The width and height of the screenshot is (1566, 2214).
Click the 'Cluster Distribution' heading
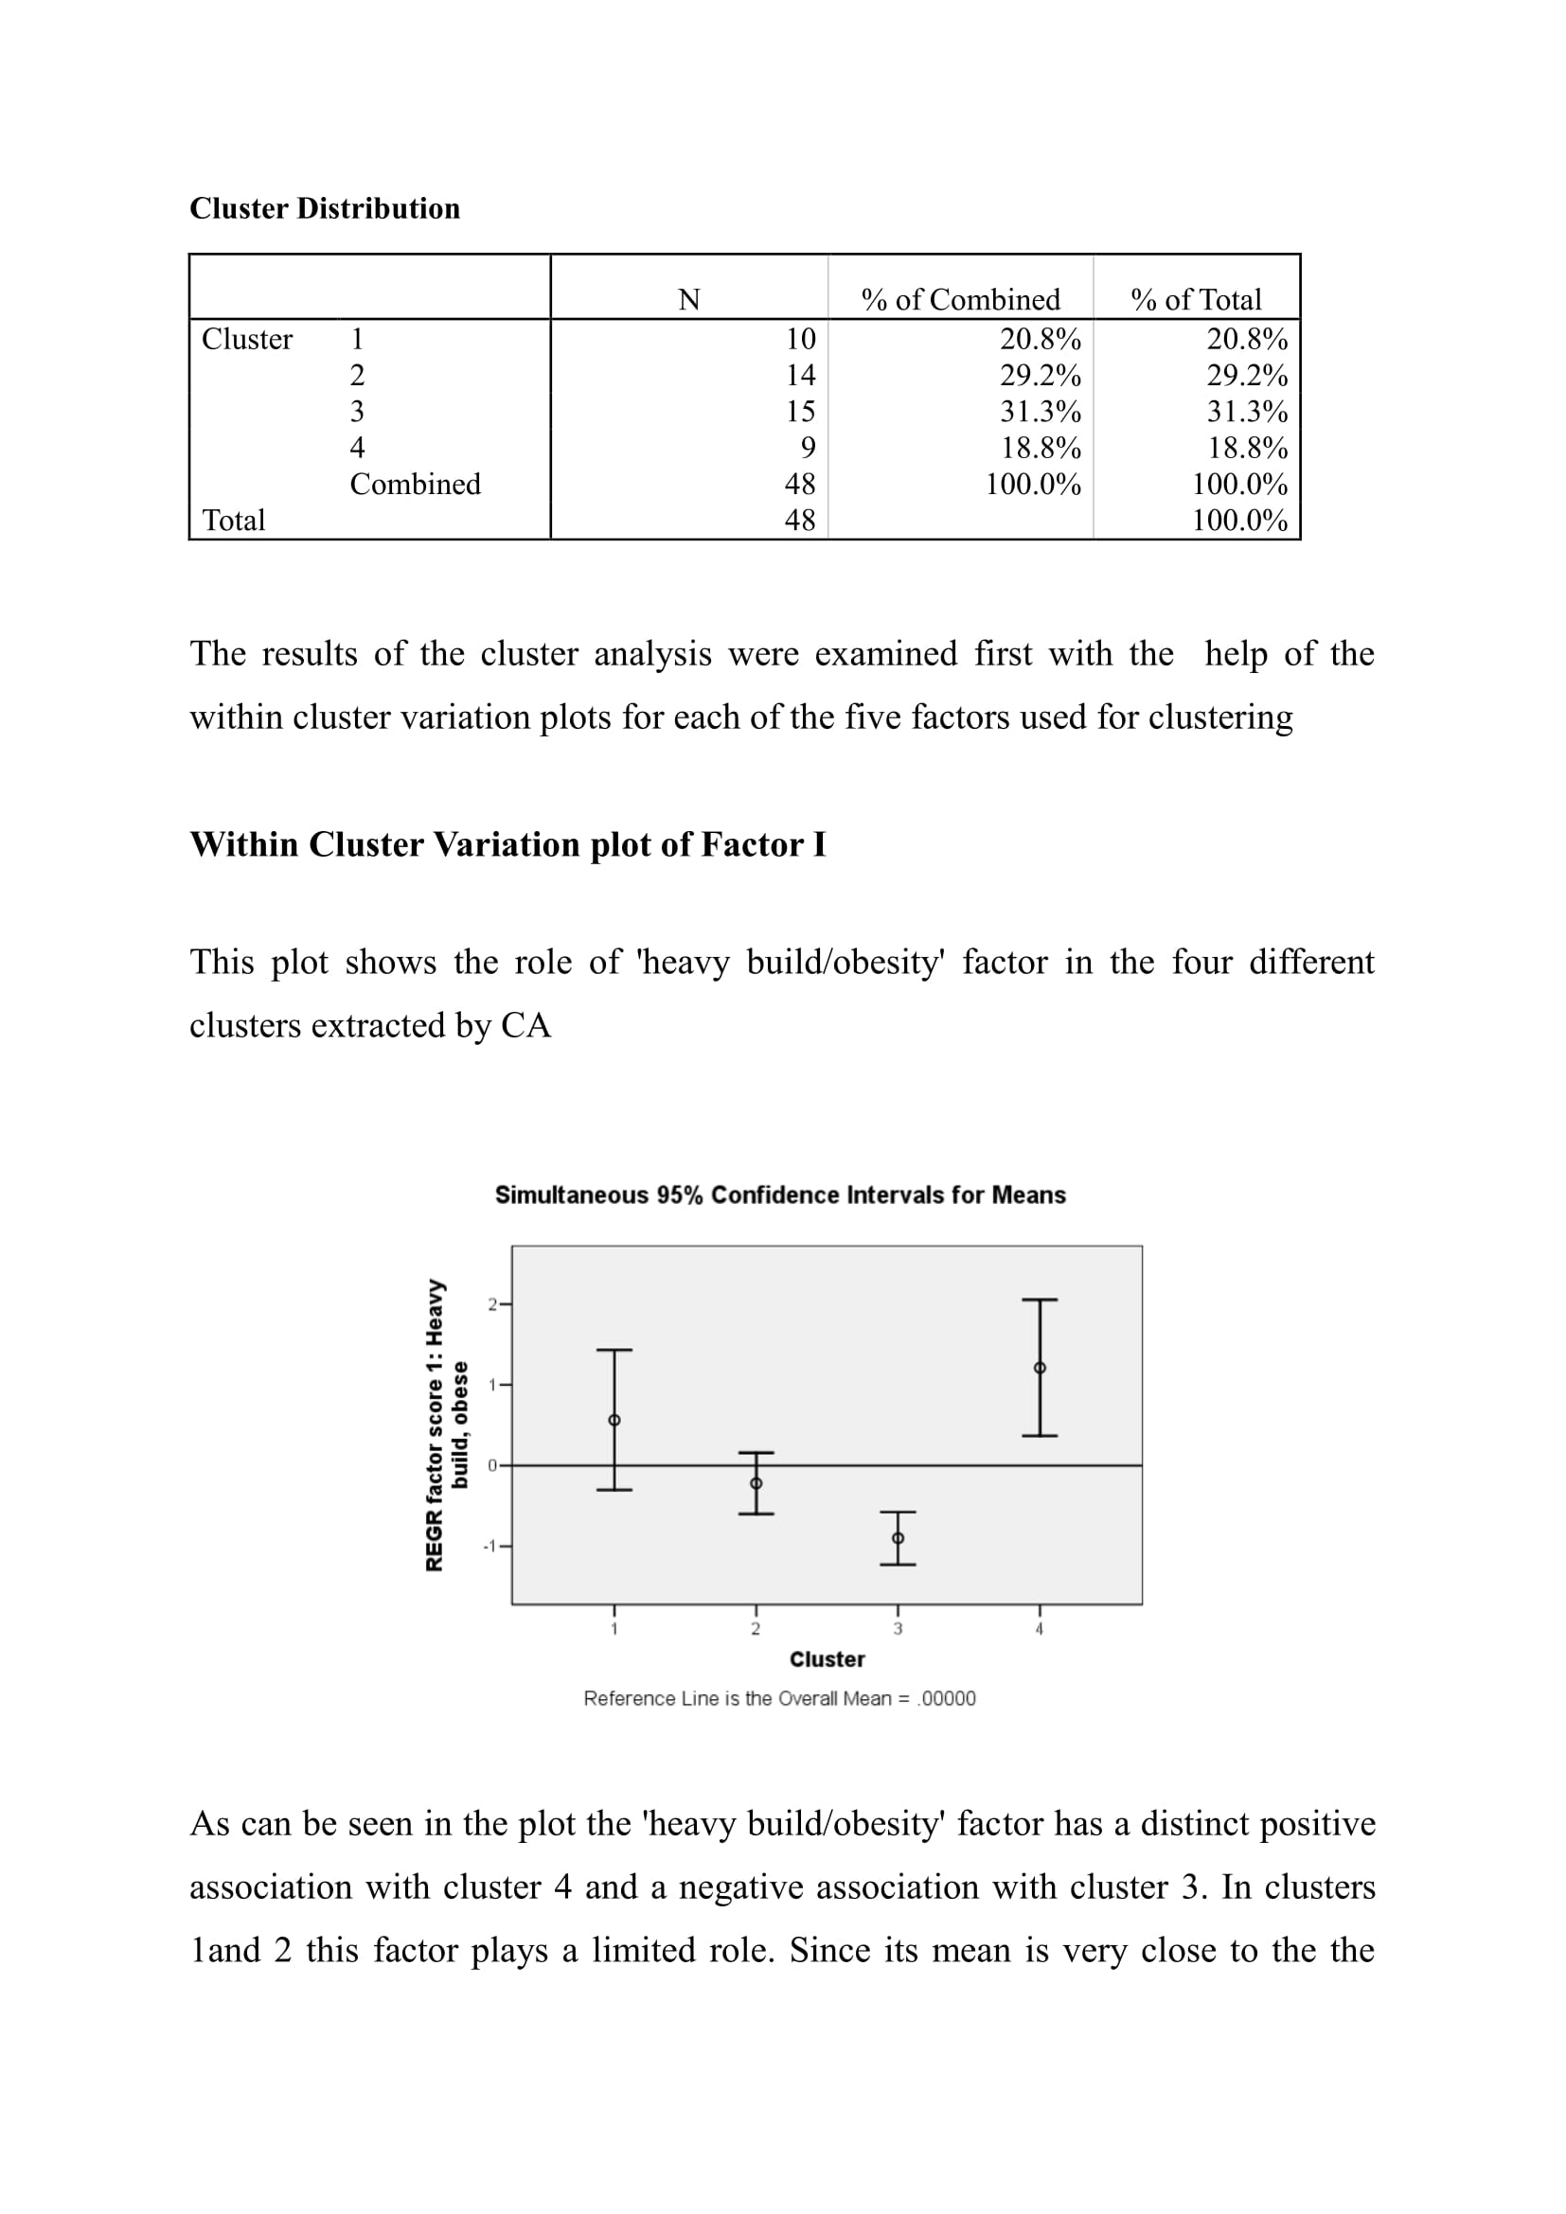click(324, 208)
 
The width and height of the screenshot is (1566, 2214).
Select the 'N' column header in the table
click(688, 300)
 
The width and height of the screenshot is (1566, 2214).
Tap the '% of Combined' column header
click(960, 300)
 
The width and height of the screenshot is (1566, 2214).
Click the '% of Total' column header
click(1196, 300)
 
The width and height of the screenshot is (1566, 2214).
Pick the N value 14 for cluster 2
click(800, 375)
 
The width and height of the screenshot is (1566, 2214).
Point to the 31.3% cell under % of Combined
click(1040, 412)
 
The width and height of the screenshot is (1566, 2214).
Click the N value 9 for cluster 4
click(808, 448)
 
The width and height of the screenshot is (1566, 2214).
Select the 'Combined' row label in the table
click(415, 484)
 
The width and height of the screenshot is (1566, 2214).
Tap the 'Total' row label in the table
click(233, 521)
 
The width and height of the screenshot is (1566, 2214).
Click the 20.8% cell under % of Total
click(1247, 340)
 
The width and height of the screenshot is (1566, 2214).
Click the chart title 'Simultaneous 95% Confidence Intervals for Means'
click(780, 1195)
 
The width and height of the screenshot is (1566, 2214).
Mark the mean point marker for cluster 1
click(614, 1421)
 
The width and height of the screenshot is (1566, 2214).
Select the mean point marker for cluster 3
click(898, 1538)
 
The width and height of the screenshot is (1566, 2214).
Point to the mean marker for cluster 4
click(1040, 1368)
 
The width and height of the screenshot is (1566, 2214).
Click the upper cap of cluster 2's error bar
click(756, 1452)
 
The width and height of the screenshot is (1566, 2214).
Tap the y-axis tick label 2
click(491, 1304)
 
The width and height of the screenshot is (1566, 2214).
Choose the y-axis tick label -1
click(489, 1546)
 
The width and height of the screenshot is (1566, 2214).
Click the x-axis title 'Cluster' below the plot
click(827, 1659)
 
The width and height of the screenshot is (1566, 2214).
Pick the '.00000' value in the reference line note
click(947, 1698)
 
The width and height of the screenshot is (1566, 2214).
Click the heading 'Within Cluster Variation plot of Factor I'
click(507, 844)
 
